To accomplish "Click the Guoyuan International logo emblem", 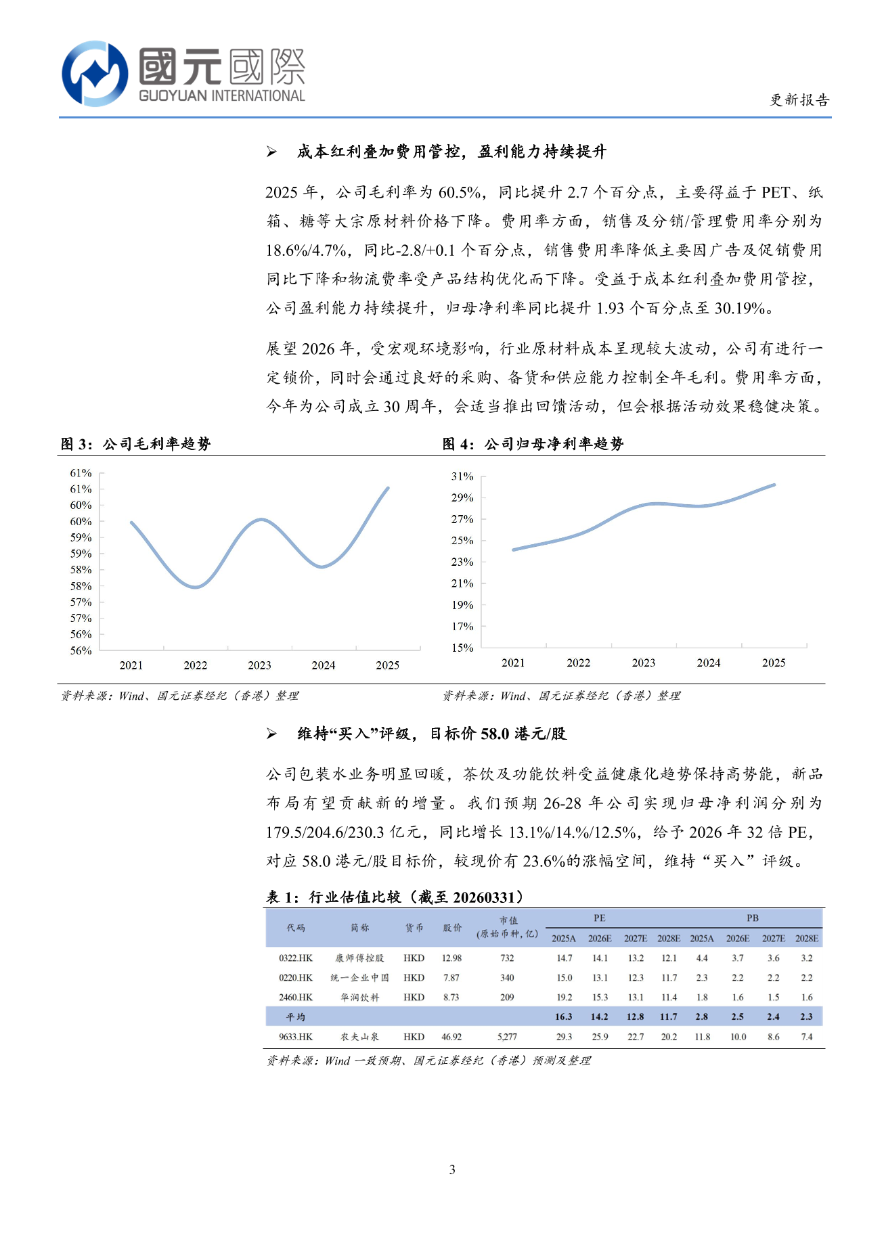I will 95,73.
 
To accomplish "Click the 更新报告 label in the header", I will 799,100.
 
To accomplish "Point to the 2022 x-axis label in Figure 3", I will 196,665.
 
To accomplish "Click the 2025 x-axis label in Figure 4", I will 774,663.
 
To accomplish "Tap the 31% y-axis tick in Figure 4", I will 462,476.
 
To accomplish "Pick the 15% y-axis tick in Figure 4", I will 462,648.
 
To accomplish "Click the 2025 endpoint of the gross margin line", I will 388,487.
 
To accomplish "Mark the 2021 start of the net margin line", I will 514,550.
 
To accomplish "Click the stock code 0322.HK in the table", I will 296,958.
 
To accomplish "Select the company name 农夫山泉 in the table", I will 359,1037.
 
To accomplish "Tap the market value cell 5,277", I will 507,1037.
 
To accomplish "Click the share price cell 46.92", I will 451,1037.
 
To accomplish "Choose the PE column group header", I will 600,918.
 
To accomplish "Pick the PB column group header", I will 753,918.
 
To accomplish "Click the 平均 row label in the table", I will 296,1017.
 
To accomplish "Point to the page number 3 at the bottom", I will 452,1169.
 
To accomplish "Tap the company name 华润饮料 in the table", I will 359,998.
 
